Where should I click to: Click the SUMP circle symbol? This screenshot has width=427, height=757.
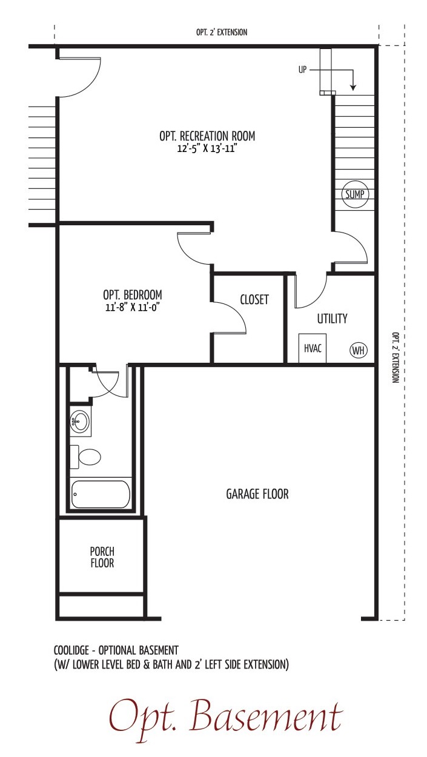coord(355,194)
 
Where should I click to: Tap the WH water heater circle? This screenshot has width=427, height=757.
coord(358,350)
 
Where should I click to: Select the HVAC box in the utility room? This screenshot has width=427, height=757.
coord(313,348)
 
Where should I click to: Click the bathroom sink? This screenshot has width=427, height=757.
coord(80,421)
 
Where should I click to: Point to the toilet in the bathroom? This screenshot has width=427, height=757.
coord(85,457)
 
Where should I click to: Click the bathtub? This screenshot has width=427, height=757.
coord(101,494)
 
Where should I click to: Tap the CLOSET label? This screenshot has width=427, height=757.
coord(254,299)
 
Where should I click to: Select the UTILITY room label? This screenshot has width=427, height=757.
coord(332,319)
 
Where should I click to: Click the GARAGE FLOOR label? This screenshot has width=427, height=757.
coord(257,494)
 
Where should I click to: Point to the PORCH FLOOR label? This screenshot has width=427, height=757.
coord(102,557)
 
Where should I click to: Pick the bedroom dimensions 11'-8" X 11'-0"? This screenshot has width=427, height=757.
coord(132,308)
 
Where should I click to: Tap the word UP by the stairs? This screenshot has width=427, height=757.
coord(302,70)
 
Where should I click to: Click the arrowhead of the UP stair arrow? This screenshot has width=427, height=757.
coord(353,88)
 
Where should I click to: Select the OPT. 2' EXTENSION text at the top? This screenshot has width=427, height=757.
coord(222,32)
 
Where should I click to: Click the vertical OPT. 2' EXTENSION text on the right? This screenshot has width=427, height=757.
coord(396,357)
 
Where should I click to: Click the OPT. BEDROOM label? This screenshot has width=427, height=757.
coord(133,295)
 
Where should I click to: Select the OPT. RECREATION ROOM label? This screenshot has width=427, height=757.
coord(207,136)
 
